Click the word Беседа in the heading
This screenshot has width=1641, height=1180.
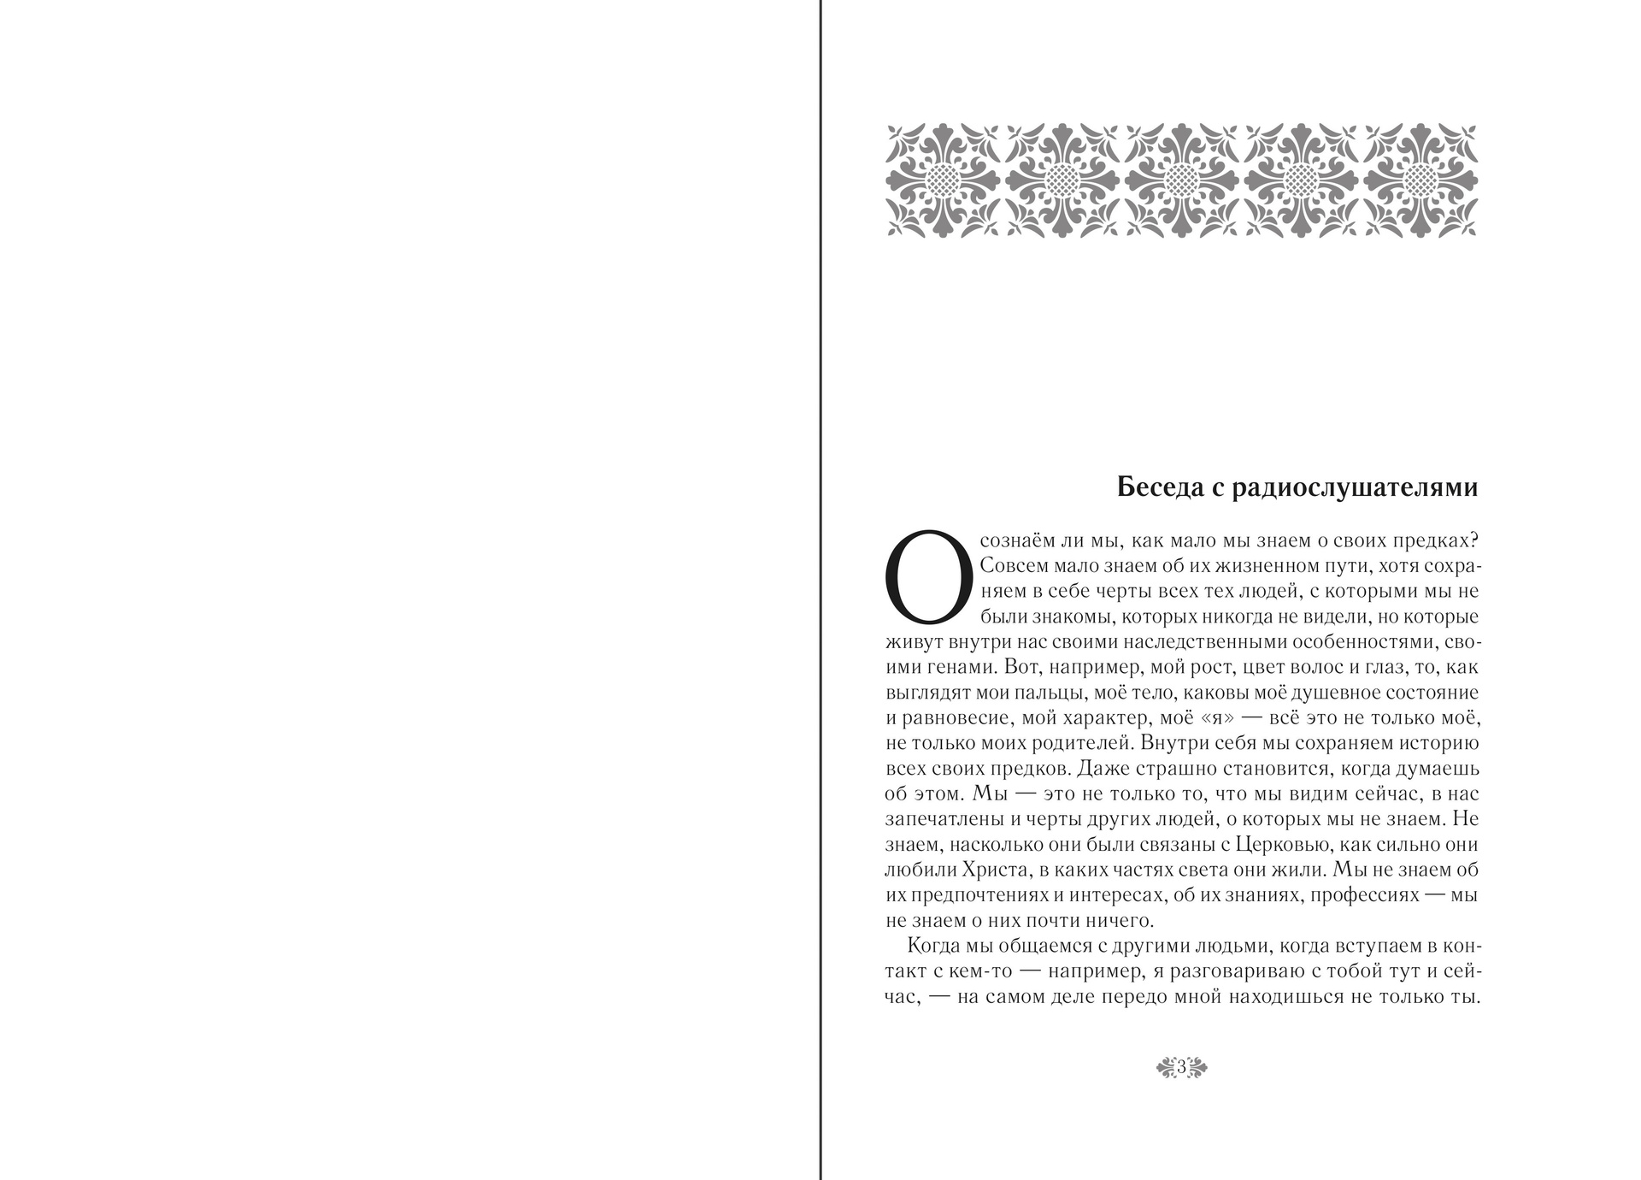pyautogui.click(x=1155, y=487)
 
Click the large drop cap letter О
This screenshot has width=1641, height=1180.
pyautogui.click(x=927, y=576)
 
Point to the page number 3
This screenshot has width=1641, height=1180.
pyautogui.click(x=1181, y=1067)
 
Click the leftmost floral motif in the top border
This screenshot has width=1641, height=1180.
pyautogui.click(x=944, y=180)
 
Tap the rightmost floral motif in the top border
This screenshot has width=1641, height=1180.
pyautogui.click(x=1421, y=180)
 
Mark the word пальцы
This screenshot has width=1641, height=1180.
pyautogui.click(x=1073, y=693)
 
